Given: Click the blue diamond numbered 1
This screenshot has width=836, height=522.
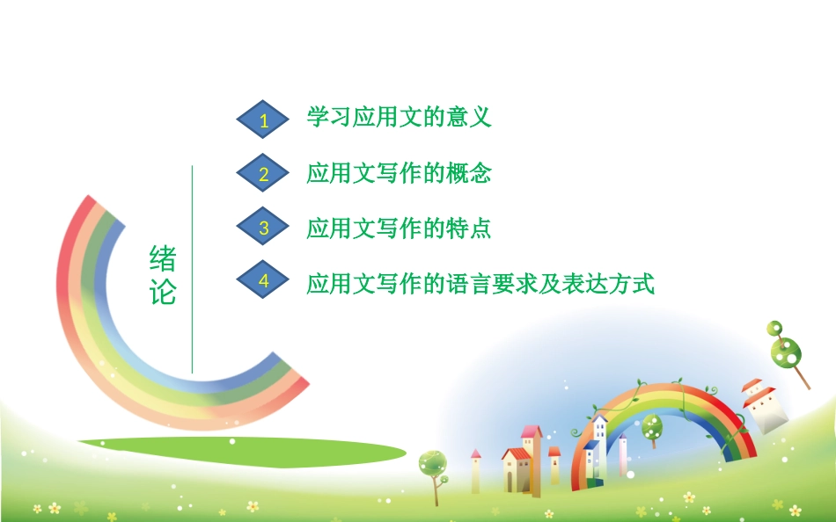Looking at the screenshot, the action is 263,120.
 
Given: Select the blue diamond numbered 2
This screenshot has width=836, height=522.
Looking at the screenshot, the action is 263,172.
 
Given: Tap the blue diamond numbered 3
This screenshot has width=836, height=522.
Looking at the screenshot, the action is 263,226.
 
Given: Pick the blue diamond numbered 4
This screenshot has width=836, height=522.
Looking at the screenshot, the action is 263,279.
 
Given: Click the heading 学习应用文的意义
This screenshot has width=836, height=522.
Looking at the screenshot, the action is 399,117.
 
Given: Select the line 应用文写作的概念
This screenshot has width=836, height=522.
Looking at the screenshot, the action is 399,173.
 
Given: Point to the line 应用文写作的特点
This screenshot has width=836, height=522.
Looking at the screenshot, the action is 399,228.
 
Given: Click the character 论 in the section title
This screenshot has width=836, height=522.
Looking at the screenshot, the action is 163,292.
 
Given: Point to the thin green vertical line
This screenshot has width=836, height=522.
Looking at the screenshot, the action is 192,269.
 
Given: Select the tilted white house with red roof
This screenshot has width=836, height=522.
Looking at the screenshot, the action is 766,406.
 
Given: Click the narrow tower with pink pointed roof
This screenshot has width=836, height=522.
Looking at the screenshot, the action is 475,471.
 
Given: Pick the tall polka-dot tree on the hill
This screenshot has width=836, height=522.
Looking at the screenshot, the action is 787,352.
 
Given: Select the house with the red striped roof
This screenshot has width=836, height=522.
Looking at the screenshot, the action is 516,470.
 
